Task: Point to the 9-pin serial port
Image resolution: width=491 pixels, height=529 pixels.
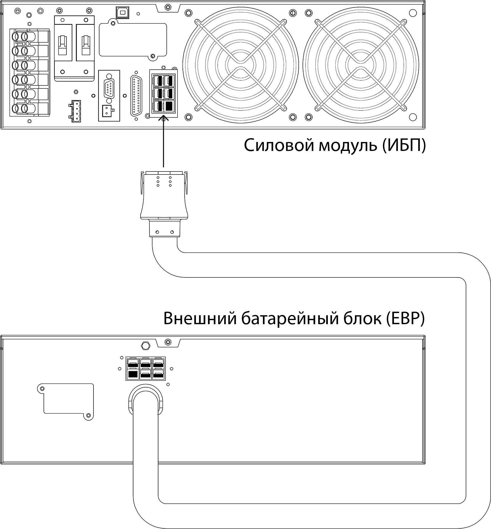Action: tap(109, 88)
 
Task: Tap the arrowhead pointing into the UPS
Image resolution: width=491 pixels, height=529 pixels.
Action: tap(163, 118)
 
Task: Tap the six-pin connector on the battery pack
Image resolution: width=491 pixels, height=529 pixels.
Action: tap(146, 369)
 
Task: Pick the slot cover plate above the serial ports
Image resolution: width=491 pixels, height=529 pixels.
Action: tap(133, 40)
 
